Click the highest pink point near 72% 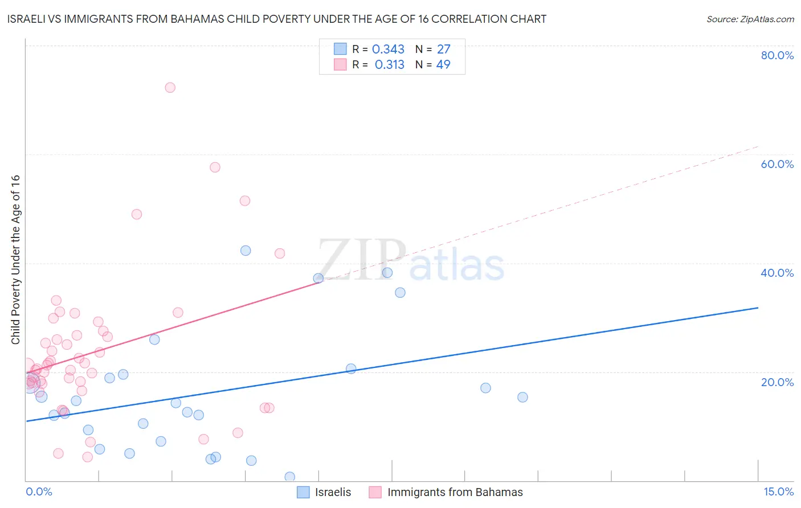[x=170, y=88]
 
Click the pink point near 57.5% [x=215, y=167]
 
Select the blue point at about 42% [x=246, y=251]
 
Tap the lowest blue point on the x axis [x=289, y=477]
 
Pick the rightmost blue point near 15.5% [x=522, y=398]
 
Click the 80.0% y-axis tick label [x=777, y=55]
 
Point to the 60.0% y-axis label [x=777, y=164]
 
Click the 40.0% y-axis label [x=777, y=273]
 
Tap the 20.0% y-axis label [x=777, y=382]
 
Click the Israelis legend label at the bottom [x=333, y=492]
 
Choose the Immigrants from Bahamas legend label [x=455, y=492]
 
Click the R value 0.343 [x=388, y=50]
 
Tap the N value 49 [x=443, y=65]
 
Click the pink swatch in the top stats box [x=340, y=64]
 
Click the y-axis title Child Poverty [x=16, y=259]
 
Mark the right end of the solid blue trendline [x=758, y=308]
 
